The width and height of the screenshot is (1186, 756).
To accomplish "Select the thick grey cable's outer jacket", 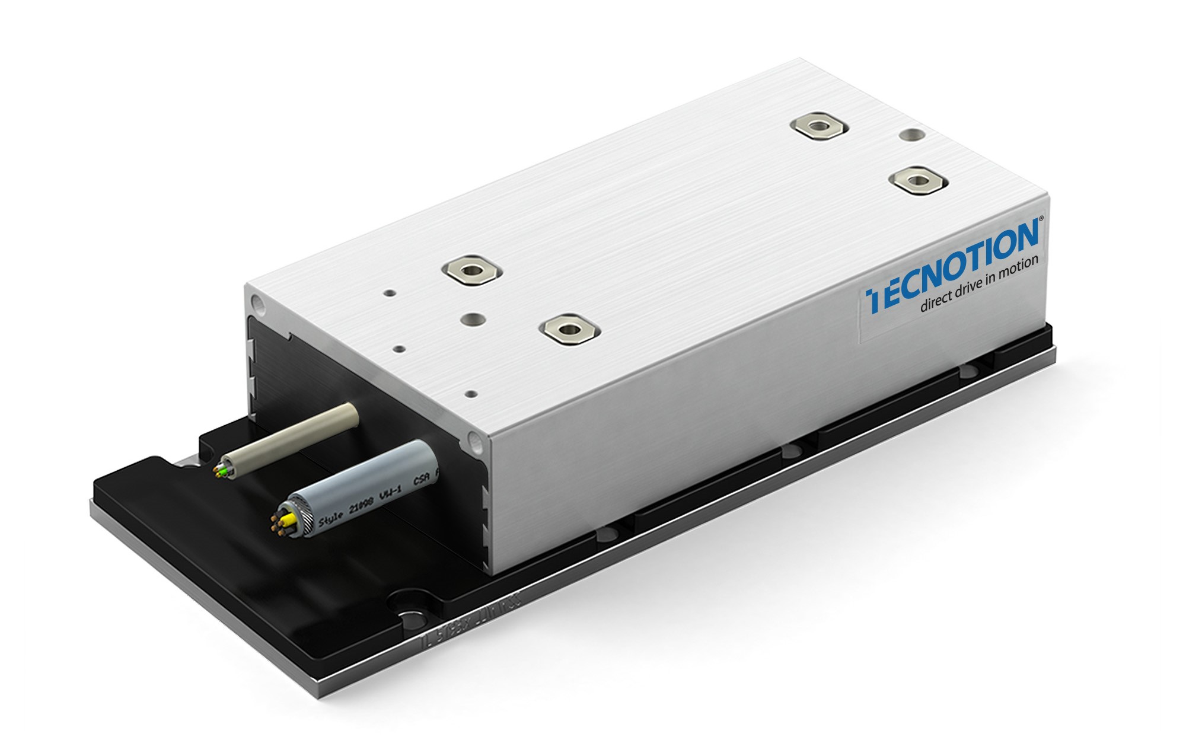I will [380, 480].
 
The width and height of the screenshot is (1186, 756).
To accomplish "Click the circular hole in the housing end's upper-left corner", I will [258, 304].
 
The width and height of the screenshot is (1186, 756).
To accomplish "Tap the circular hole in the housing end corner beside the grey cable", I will [474, 439].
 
